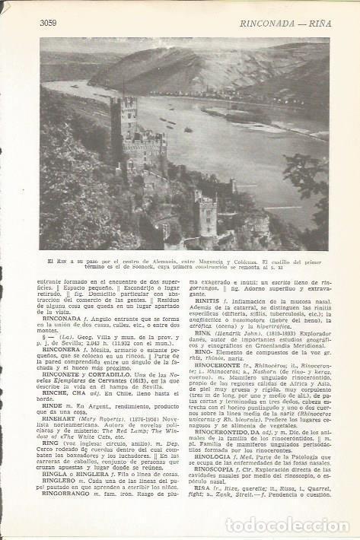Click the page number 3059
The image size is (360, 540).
[x=49, y=22]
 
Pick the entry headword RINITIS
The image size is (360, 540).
[x=208, y=301]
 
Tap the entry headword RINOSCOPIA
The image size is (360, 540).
[x=218, y=469]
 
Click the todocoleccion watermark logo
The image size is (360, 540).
[x=289, y=525]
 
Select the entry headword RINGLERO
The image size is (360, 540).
[x=56, y=481]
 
